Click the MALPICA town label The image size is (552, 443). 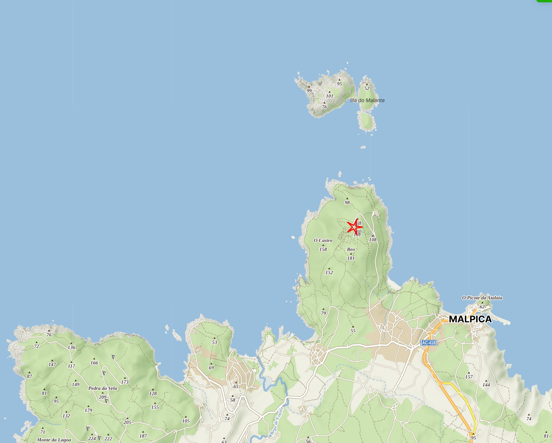coord(470,319)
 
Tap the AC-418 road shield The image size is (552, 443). coord(429,343)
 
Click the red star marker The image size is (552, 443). coord(355,227)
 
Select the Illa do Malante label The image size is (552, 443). coord(367,100)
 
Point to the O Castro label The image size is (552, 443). coord(323,240)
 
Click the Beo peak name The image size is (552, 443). coord(351,249)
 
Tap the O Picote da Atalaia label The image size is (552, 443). coord(482,298)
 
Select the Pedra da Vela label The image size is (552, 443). coord(103,388)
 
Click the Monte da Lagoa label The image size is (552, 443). coord(54,440)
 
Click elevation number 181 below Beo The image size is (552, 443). coord(351,258)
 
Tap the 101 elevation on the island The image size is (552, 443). coord(329,96)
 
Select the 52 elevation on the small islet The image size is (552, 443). coord(367,89)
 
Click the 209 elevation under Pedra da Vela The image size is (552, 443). coord(103,397)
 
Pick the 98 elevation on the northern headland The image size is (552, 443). coord(347,203)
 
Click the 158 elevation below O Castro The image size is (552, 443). coord(323,249)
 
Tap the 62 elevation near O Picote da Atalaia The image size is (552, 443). coord(482,307)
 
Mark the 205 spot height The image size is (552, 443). coord(127,422)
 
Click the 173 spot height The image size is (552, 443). coord(125,382)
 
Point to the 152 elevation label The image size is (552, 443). coord(329,273)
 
